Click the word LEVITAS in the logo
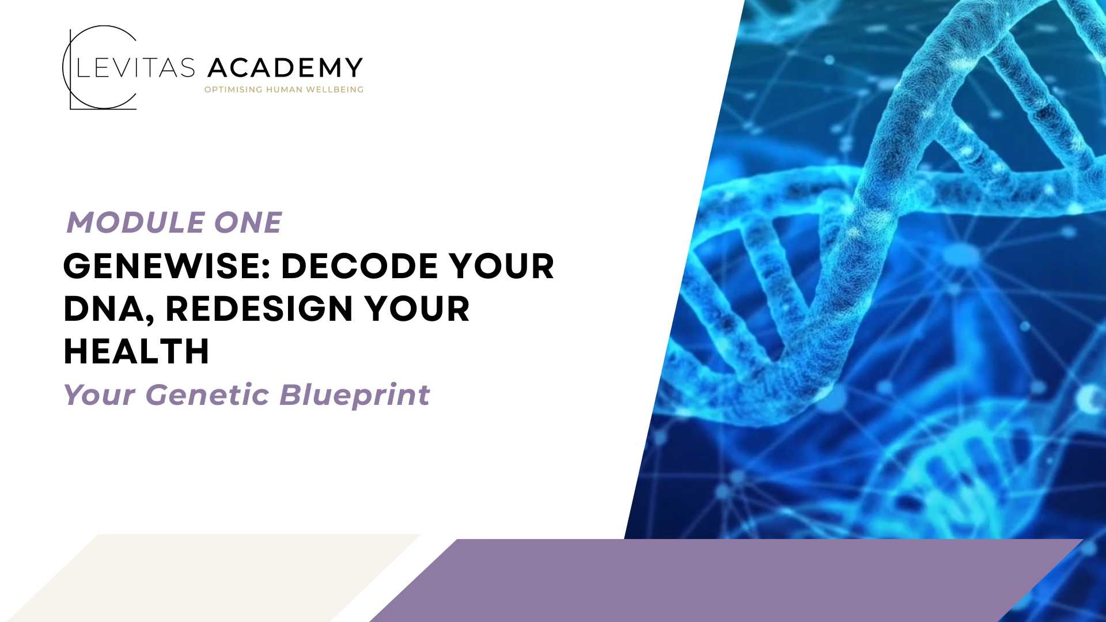(136, 68)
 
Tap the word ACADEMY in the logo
(285, 68)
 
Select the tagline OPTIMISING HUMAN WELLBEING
(284, 89)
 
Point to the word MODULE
(135, 223)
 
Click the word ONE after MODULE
(248, 223)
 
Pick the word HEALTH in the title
(136, 351)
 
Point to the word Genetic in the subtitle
(207, 395)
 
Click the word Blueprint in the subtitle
(355, 396)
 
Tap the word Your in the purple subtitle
(99, 395)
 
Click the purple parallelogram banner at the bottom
(726, 580)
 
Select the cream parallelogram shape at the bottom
(213, 578)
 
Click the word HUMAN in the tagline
(284, 89)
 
